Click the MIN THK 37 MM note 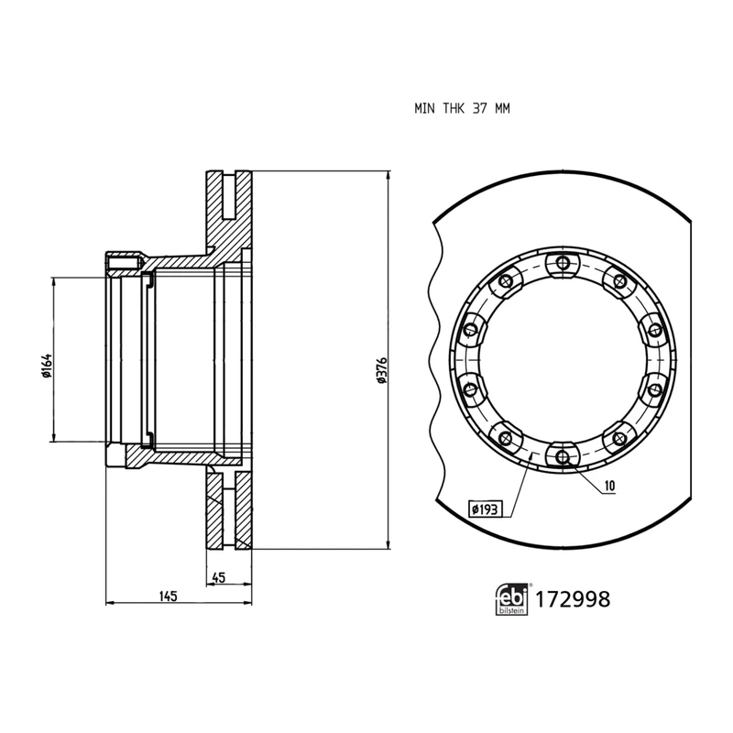tap(461, 108)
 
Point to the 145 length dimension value tap(166, 596)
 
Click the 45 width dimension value tap(218, 577)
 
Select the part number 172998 tap(572, 601)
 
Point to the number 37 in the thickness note tap(479, 108)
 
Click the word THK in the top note tap(454, 108)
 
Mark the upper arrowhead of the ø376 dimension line tap(389, 174)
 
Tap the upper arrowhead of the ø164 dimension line tap(55, 280)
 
